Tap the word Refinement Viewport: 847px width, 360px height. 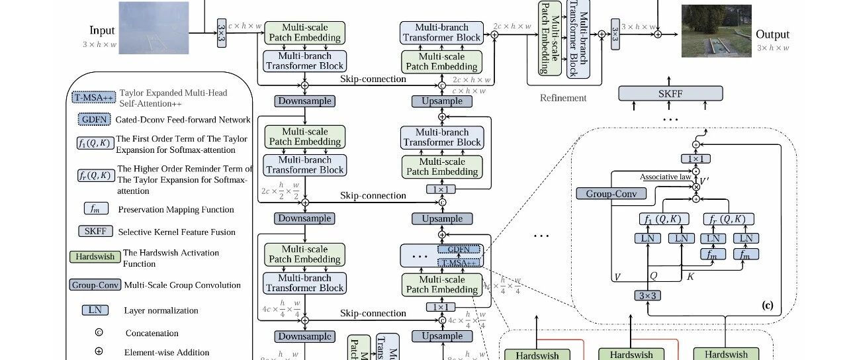click(562, 98)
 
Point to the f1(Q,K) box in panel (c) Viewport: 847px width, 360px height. click(664, 219)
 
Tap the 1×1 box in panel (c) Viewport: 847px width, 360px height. click(696, 159)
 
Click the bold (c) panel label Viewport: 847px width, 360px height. click(767, 305)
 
